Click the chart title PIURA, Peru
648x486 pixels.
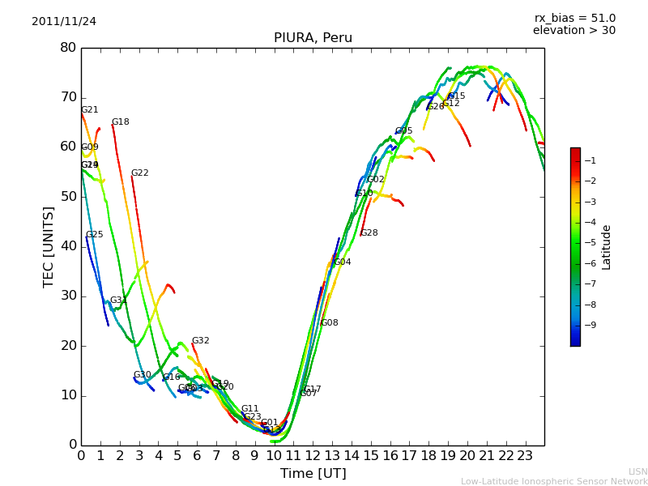pos(313,38)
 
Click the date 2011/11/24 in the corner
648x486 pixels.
pos(64,22)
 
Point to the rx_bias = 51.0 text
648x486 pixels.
pos(574,19)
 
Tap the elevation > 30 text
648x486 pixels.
pos(573,31)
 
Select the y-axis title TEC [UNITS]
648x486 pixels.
pos(49,246)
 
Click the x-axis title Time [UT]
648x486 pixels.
pos(313,474)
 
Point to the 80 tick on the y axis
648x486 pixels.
pos(68,48)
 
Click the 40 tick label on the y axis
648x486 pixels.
pos(68,246)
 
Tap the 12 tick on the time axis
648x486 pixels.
pos(313,456)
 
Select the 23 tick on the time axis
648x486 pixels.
pos(525,456)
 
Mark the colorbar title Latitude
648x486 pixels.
pos(607,247)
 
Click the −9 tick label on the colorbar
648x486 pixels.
pos(589,325)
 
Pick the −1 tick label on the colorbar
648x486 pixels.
pos(589,160)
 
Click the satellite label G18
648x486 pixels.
pos(121,122)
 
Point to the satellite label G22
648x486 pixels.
pos(140,173)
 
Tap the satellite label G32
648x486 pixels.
pos(200,341)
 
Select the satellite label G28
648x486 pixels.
pos(369,233)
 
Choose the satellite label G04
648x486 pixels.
pos(343,262)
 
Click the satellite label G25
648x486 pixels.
pos(95,235)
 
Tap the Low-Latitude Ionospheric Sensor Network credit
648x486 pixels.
pos(554,482)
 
